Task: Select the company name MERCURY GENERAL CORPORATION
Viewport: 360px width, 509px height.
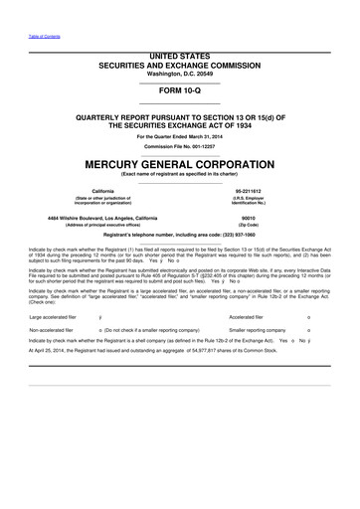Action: click(x=180, y=163)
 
